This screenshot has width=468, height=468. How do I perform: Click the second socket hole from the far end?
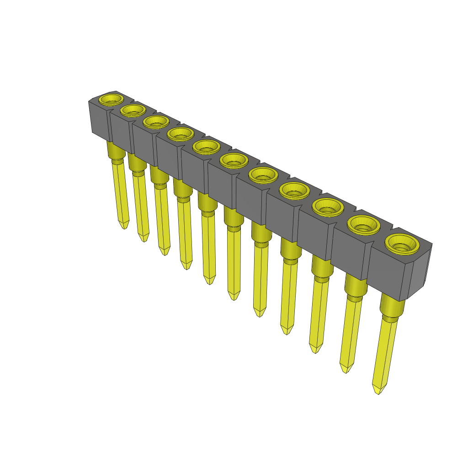coord(133,110)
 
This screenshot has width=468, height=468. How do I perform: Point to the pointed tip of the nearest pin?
coord(378,391)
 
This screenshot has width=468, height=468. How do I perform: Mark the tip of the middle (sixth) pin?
coord(234,298)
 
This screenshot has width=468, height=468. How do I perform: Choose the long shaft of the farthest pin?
coord(121,192)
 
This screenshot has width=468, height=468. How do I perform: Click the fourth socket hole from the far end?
coord(180,134)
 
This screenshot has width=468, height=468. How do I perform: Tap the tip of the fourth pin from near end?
coord(287,331)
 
